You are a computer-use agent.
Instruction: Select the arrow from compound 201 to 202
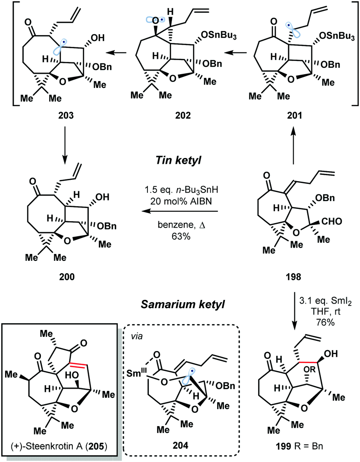tap(237, 54)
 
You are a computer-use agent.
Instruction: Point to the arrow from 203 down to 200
tap(64, 162)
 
